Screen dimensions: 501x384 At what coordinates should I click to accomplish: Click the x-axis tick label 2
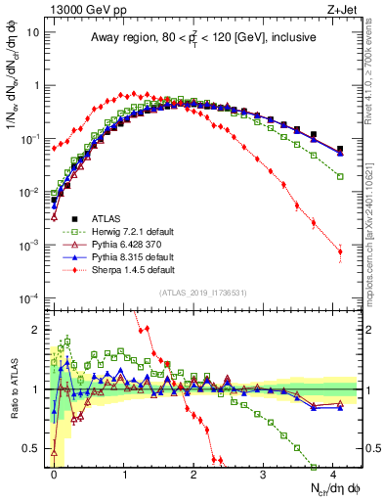point(193,474)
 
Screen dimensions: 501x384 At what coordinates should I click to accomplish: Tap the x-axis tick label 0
point(55,474)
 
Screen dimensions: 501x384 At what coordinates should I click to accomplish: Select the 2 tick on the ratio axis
point(40,329)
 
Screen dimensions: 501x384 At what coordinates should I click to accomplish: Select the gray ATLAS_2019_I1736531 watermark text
point(202,293)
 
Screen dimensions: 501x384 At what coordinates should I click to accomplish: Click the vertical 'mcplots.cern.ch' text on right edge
point(375,245)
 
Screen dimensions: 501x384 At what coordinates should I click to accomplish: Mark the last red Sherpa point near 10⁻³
point(340,251)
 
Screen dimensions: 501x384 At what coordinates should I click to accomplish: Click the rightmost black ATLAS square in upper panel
point(340,150)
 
